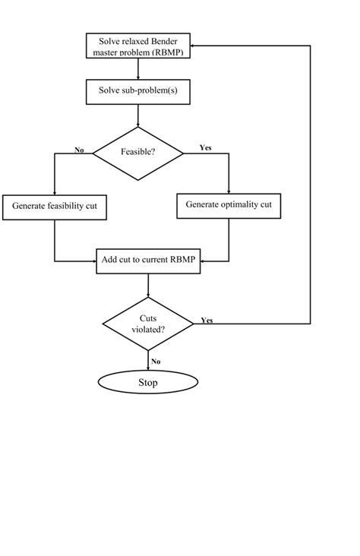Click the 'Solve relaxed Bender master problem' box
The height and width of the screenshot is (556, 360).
[x=138, y=46]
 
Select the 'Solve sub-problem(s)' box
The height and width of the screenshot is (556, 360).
[x=138, y=91]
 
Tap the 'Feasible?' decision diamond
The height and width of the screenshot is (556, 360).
[x=138, y=153]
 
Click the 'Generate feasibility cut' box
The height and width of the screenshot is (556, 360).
[x=54, y=207]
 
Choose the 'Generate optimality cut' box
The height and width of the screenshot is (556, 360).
[x=229, y=205]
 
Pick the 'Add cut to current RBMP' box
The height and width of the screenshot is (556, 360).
[x=149, y=260]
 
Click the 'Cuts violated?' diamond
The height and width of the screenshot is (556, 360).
[x=148, y=324]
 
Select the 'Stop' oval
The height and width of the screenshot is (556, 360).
[x=148, y=382]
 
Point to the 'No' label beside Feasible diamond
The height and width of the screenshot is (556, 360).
[x=79, y=150]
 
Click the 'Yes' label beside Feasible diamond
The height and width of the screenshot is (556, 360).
[x=205, y=147]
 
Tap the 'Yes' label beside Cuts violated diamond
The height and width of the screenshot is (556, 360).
[x=207, y=321]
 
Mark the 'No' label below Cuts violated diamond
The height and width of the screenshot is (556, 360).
[x=156, y=362]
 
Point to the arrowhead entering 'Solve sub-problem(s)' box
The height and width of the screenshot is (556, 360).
[x=138, y=77]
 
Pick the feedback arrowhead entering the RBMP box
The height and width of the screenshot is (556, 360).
[x=193, y=46]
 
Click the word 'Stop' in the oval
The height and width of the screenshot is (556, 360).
[x=148, y=382]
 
